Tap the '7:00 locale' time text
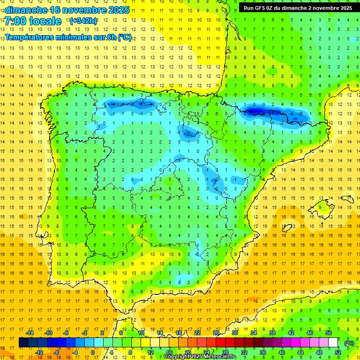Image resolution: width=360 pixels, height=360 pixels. (33, 21)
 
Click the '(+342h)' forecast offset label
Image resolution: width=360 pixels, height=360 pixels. (83, 21)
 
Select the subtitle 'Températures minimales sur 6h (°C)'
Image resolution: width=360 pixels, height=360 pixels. (68, 37)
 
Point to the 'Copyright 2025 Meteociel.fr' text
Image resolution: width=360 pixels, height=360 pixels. (200, 357)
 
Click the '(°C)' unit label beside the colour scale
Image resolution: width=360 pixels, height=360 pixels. (349, 343)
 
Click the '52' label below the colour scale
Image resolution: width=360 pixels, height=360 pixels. (338, 352)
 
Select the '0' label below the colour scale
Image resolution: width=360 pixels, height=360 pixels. (92, 352)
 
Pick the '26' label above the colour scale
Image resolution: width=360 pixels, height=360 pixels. (216, 333)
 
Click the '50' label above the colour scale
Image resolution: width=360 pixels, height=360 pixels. (329, 333)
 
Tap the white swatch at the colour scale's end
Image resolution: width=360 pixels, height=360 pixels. (333, 343)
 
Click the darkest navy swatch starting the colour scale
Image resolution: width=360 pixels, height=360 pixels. (23, 343)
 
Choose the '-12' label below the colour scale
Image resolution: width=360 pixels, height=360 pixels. (39, 352)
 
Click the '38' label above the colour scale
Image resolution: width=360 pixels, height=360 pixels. (272, 333)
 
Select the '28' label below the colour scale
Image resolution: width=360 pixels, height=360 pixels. (225, 352)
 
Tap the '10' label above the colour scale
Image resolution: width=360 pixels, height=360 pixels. (141, 333)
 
